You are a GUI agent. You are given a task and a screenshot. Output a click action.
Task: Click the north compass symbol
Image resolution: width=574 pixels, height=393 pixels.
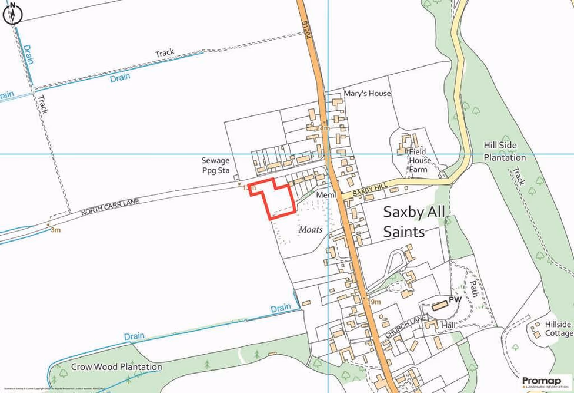tap(12, 14)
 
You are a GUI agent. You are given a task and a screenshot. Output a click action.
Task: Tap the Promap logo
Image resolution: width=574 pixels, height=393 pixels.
tap(542, 382)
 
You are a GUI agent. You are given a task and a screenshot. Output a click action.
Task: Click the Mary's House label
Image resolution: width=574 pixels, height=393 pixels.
tap(368, 93)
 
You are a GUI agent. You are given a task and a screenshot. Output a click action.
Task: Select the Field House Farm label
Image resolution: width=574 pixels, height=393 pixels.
tap(420, 160)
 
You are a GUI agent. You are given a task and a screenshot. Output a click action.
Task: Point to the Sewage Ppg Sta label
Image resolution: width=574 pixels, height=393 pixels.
tap(215, 165)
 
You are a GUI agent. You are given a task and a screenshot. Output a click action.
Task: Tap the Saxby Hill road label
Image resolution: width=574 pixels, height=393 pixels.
tap(371, 190)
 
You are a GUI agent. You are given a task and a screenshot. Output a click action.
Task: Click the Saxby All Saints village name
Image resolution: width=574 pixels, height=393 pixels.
tap(415, 222)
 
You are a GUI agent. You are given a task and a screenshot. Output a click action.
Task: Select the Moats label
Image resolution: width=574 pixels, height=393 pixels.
tap(310, 229)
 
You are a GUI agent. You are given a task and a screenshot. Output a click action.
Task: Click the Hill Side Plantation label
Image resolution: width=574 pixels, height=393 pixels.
tap(505, 151)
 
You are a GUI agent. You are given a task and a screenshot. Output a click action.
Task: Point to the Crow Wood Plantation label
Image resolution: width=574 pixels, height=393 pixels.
tap(116, 366)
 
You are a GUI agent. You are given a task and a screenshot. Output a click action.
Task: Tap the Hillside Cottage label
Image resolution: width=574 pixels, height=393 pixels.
tap(558, 329)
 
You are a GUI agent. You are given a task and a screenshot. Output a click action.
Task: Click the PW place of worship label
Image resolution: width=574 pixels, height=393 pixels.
tap(455, 300)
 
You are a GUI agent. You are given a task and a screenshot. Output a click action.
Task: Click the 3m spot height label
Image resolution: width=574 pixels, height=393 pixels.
tap(55, 230)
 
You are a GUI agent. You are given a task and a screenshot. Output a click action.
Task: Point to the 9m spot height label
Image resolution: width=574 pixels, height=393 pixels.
tap(375, 302)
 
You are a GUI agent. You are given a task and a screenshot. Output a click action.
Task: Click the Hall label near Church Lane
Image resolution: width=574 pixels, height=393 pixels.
tap(449, 325)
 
